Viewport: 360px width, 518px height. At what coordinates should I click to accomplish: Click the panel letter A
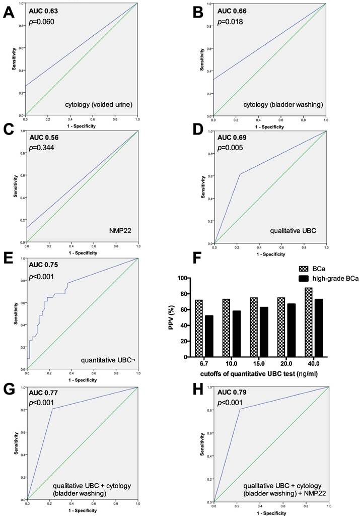(9, 12)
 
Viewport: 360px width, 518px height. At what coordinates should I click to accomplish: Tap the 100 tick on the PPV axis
(194, 278)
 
